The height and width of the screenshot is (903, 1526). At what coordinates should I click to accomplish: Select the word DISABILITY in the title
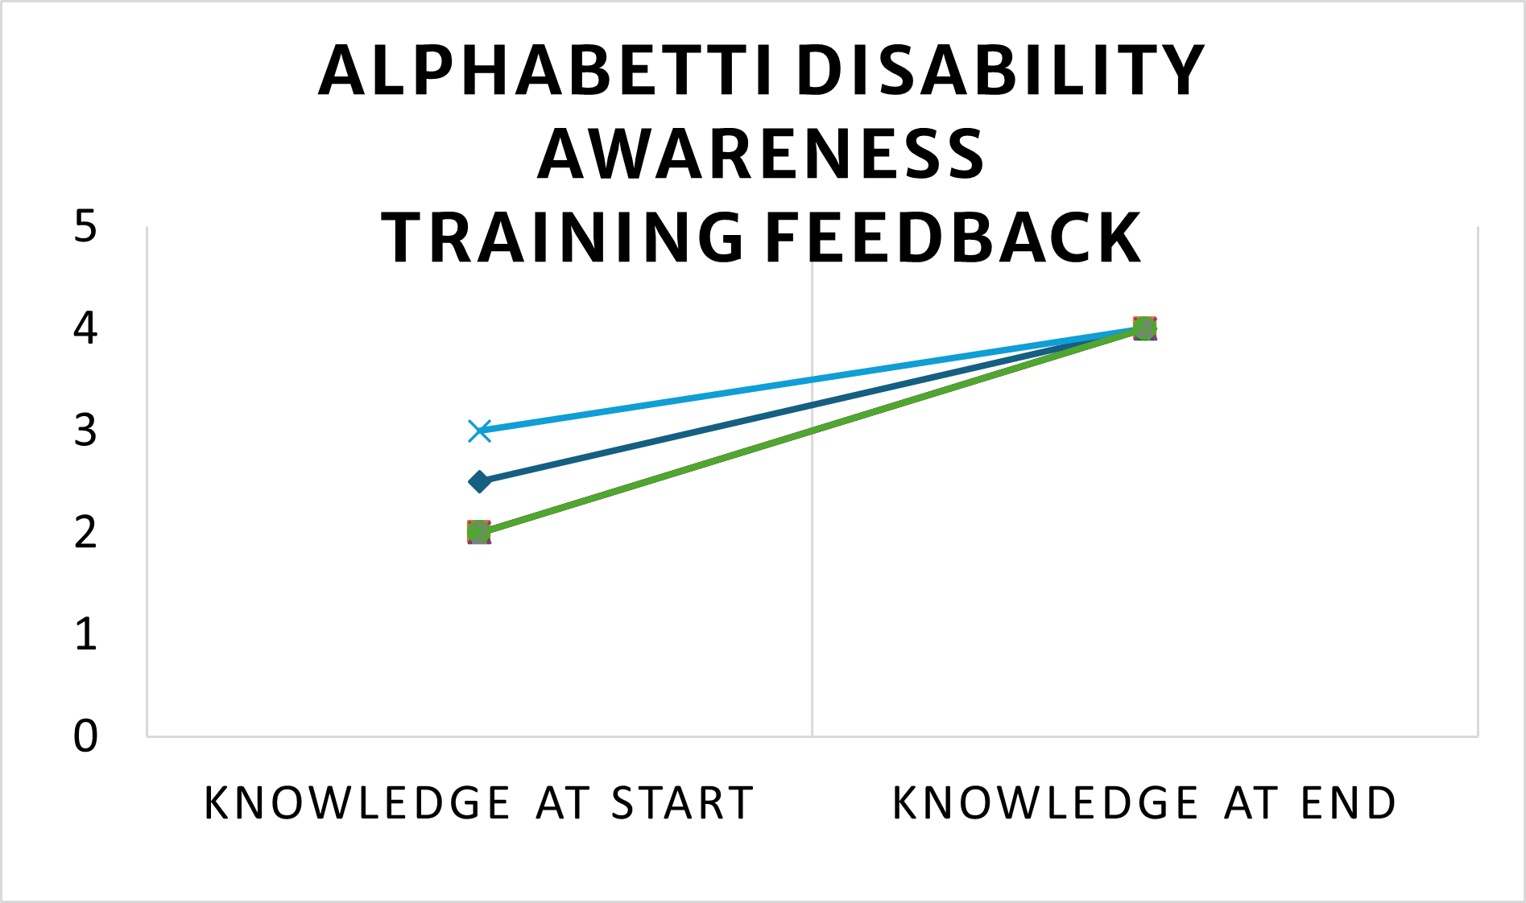(x=999, y=71)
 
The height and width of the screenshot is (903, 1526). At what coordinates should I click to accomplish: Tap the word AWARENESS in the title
(x=761, y=155)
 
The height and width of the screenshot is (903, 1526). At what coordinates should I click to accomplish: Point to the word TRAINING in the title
(x=561, y=238)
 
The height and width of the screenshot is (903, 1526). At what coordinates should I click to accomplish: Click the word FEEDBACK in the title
(x=953, y=238)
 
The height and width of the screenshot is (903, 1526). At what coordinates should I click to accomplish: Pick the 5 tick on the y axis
(x=85, y=227)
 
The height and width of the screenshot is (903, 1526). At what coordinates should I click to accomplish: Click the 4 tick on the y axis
(x=85, y=328)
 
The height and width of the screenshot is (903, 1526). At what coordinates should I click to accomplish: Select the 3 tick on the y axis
(x=85, y=431)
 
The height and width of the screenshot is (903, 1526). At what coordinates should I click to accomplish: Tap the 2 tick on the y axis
(x=85, y=533)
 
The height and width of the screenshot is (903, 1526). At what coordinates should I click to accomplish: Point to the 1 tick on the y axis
(x=85, y=634)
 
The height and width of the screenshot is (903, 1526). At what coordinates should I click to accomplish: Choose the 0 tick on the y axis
(x=85, y=736)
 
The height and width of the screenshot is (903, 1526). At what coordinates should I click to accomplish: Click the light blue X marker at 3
(x=479, y=431)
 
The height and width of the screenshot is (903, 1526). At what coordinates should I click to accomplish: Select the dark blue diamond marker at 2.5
(x=479, y=482)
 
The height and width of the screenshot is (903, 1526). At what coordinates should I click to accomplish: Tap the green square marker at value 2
(x=479, y=533)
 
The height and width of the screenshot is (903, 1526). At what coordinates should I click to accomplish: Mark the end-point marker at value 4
(x=1144, y=328)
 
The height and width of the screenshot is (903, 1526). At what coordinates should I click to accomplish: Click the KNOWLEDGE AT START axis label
(x=479, y=803)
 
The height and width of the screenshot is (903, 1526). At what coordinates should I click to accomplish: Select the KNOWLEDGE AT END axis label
(x=1144, y=803)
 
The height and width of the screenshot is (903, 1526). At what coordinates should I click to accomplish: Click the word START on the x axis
(x=682, y=803)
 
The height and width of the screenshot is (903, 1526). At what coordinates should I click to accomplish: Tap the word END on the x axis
(x=1348, y=803)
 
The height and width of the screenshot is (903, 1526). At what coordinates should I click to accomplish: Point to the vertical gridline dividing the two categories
(x=812, y=563)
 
